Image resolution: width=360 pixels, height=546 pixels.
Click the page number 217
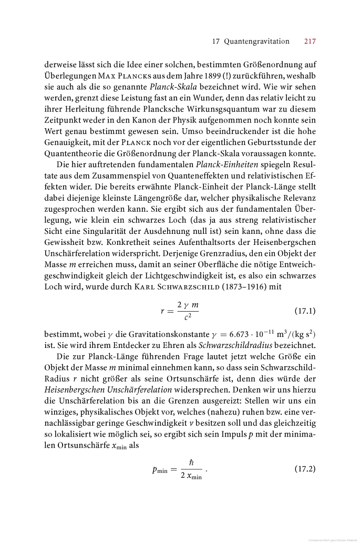(x=310, y=41)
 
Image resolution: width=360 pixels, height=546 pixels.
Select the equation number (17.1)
(x=305, y=311)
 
